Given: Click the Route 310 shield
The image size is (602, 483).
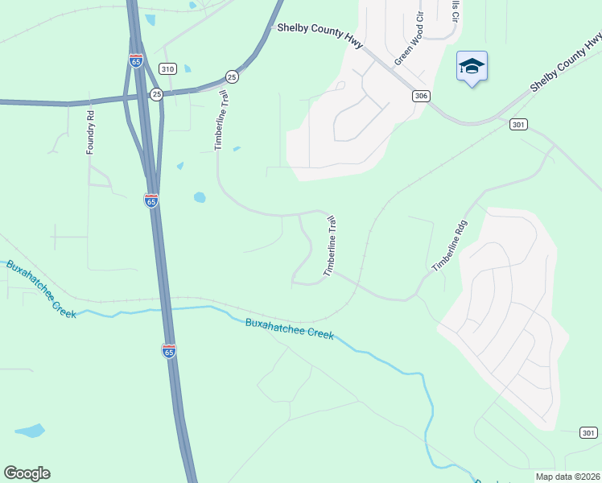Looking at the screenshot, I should [x=167, y=69].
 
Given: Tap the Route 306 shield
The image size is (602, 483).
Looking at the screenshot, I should [x=421, y=96].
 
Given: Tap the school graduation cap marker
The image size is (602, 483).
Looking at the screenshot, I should [x=472, y=68].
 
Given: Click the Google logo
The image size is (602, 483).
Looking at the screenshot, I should [x=27, y=473].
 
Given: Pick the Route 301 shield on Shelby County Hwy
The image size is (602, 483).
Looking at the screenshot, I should [x=518, y=124].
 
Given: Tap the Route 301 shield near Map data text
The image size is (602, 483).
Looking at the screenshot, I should [x=588, y=433].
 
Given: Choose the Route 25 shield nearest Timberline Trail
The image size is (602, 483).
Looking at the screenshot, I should [x=232, y=76].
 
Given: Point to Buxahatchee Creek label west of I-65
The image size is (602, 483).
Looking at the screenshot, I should [x=43, y=288].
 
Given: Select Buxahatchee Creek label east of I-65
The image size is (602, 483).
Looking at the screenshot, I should [x=289, y=328].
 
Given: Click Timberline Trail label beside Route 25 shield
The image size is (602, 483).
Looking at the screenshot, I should [x=219, y=121].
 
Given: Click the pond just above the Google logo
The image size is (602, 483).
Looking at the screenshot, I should [x=30, y=431].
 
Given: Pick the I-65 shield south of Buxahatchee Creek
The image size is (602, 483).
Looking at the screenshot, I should [x=168, y=351].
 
